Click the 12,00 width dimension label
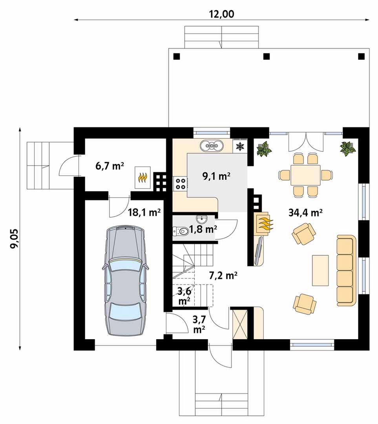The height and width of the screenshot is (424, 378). coord(221,14)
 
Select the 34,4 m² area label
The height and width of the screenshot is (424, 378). coord(305,212)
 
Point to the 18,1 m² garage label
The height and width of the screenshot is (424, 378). coord(144,212)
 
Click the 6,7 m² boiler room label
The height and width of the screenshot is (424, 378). coord(110,166)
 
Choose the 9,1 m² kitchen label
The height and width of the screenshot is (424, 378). coord(216,176)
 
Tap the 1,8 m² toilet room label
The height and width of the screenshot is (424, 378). coord(203,229)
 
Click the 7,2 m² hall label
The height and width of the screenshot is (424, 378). coord(223,276)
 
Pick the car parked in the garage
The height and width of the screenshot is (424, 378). coord(126,280)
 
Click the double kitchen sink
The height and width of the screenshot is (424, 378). coord(212,146)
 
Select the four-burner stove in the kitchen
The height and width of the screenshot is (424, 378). coord(180,183)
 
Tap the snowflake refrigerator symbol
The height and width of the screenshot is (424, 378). coord(240,146)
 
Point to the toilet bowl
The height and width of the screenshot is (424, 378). coord(181,231)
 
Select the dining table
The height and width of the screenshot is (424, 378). coord(305,175)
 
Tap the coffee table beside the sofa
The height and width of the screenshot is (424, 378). coord(320,270)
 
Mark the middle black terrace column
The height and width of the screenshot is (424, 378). coord(267,56)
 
